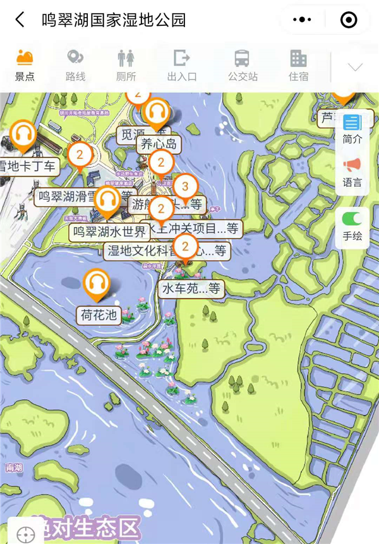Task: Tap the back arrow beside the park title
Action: (20, 20)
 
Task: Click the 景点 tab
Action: (25, 65)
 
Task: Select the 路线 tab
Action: (75, 65)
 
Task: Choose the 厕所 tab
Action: (126, 65)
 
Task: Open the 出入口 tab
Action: (182, 65)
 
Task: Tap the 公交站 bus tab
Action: (243, 65)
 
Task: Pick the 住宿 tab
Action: (298, 65)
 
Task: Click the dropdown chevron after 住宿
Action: (355, 67)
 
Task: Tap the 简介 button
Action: (352, 129)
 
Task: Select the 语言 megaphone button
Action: (352, 172)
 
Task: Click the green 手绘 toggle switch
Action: (352, 219)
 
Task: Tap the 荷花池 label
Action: (99, 315)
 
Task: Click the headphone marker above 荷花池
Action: (97, 283)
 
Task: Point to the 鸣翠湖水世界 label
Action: (109, 231)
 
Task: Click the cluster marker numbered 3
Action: (185, 186)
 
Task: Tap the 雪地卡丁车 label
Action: (28, 167)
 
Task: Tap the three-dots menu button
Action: (303, 20)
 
